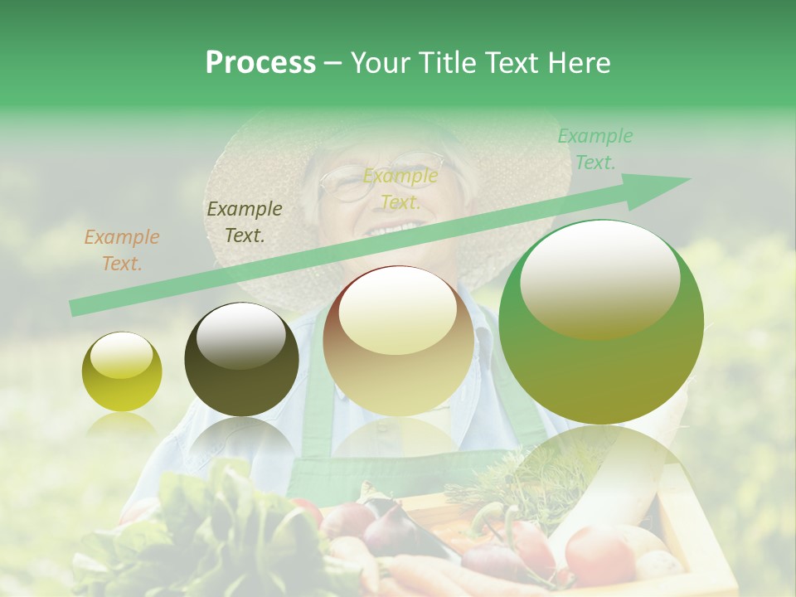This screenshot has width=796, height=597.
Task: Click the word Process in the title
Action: click(x=260, y=63)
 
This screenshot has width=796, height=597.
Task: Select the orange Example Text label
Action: click(x=121, y=250)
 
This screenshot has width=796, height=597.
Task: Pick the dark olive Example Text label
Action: click(x=244, y=222)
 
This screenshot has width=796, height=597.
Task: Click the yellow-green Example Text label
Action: click(x=400, y=189)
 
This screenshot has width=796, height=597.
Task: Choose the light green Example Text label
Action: click(x=595, y=149)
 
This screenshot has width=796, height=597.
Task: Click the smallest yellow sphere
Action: click(x=122, y=372)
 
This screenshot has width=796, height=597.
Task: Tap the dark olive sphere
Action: click(x=241, y=359)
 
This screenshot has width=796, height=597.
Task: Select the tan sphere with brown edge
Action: click(x=398, y=340)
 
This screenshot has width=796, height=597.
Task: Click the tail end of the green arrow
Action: click(x=75, y=308)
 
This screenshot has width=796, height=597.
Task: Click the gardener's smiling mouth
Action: click(x=390, y=228)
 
